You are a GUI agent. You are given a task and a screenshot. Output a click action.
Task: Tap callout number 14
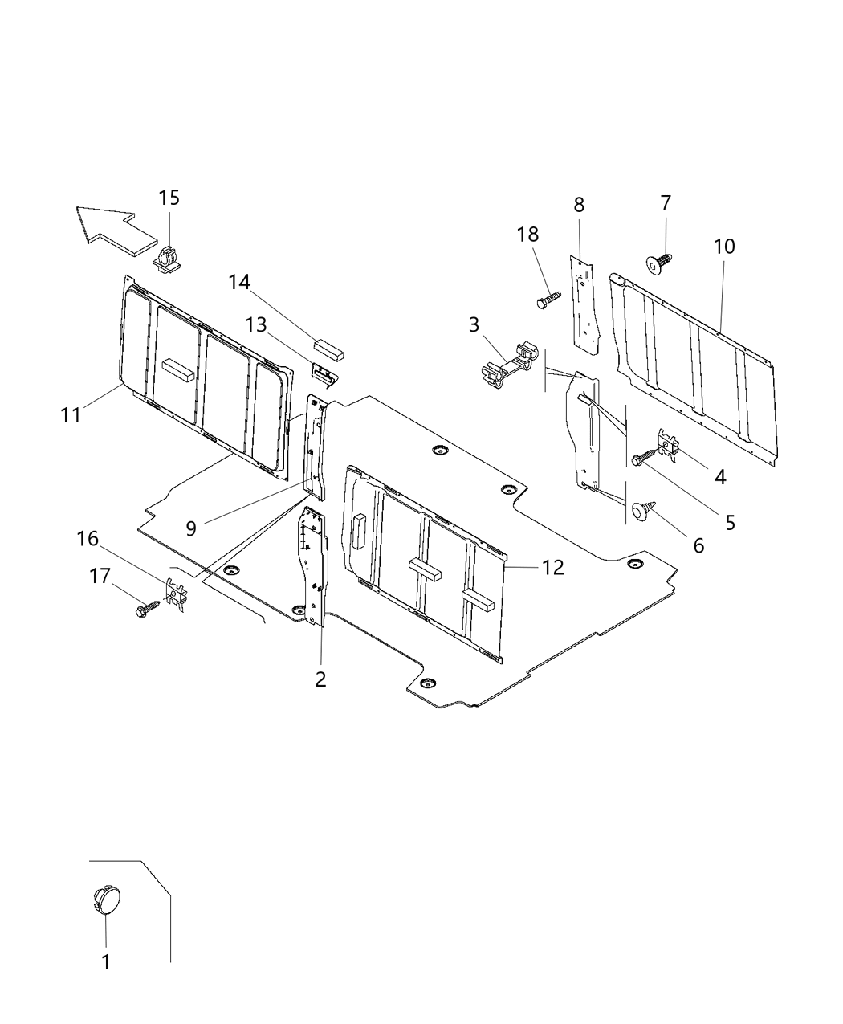(x=238, y=282)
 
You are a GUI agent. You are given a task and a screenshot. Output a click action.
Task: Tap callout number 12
(x=553, y=567)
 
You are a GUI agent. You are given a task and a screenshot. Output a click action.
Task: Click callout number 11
(x=71, y=414)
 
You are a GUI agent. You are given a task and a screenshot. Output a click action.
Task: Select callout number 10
(x=724, y=246)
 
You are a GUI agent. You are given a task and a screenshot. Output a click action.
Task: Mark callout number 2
(x=320, y=679)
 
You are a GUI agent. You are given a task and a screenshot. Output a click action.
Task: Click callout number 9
(x=191, y=528)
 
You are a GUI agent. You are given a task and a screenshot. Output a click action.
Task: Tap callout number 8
(x=579, y=204)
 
